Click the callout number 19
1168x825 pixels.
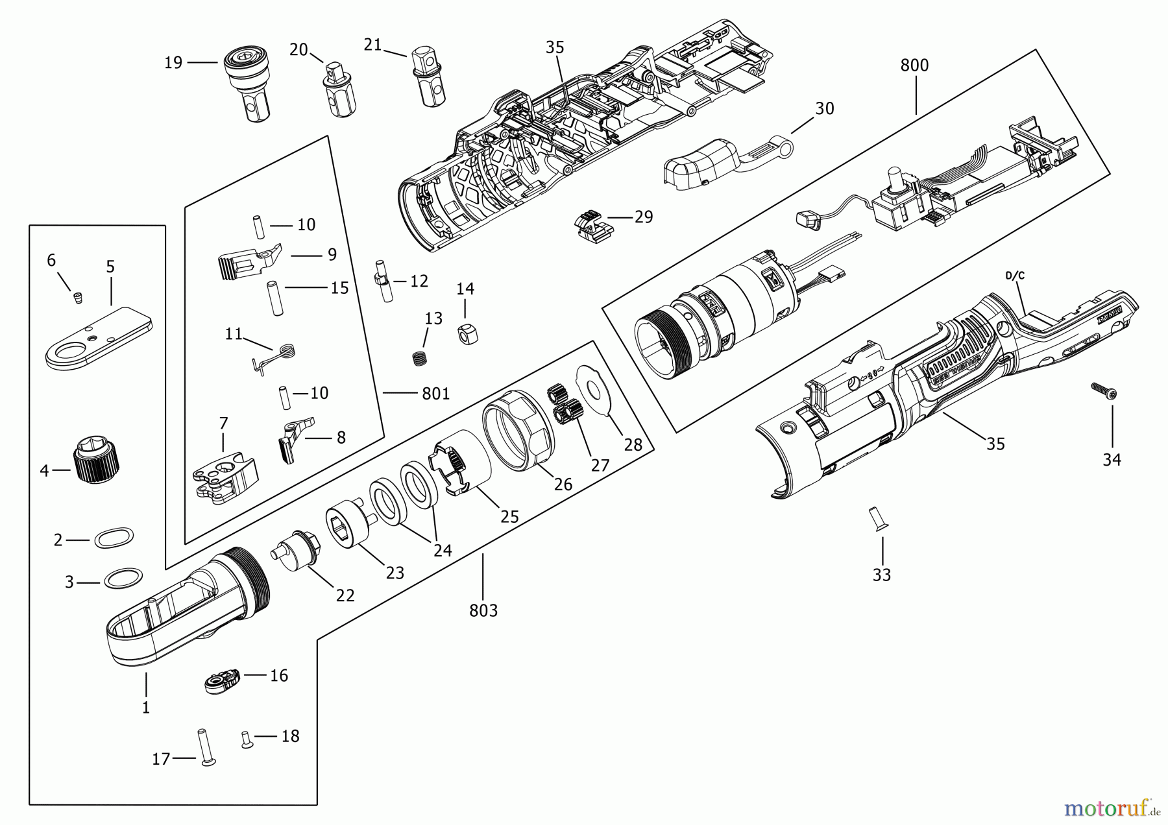click(173, 63)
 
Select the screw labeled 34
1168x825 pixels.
click(1103, 390)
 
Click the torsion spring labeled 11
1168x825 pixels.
click(279, 355)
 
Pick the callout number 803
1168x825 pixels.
click(483, 610)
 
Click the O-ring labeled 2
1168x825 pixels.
click(114, 538)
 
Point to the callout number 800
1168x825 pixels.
click(914, 66)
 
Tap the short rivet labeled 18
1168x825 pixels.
click(246, 739)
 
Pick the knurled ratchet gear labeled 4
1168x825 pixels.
click(97, 462)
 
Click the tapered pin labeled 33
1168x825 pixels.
click(879, 520)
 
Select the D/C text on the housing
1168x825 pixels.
click(1015, 275)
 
